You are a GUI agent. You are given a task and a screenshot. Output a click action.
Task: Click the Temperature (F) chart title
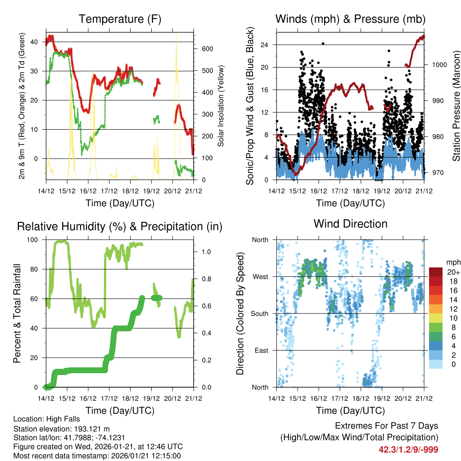pyautogui.click(x=120, y=19)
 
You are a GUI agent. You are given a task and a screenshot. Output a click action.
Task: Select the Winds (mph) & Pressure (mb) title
pyautogui.click(x=350, y=19)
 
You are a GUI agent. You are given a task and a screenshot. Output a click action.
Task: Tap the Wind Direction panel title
pyautogui.click(x=350, y=224)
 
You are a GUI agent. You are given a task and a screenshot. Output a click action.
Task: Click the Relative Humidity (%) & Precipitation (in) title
pyautogui.click(x=120, y=226)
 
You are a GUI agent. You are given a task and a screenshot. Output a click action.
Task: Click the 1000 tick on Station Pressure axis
pyautogui.click(x=438, y=65)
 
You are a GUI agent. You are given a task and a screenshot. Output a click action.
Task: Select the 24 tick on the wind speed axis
pyautogui.click(x=264, y=45)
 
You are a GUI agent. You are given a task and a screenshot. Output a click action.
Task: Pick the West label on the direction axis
pyautogui.click(x=260, y=277)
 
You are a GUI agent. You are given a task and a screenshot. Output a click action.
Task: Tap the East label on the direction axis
pyautogui.click(x=260, y=350)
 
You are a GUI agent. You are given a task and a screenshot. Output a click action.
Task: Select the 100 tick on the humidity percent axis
pyautogui.click(x=33, y=240)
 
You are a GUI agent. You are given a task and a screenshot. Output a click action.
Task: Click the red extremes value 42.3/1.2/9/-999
pyautogui.click(x=408, y=449)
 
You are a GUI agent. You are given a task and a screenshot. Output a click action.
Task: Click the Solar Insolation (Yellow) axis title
pyautogui.click(x=221, y=105)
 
